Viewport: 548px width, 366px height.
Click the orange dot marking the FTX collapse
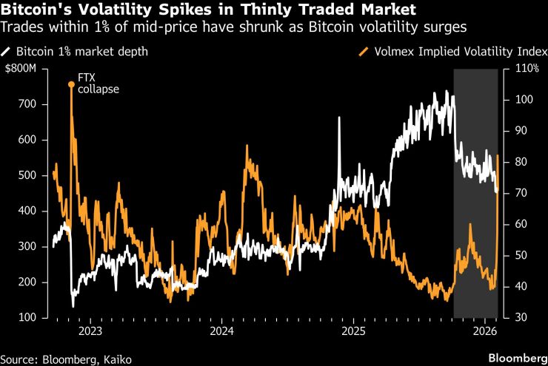pos(71,84)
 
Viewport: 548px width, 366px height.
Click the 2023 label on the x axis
pos(90,330)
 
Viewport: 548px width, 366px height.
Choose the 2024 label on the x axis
pos(221,330)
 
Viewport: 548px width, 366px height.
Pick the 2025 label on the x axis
pos(353,330)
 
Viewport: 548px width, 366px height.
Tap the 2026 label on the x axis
pos(485,330)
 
